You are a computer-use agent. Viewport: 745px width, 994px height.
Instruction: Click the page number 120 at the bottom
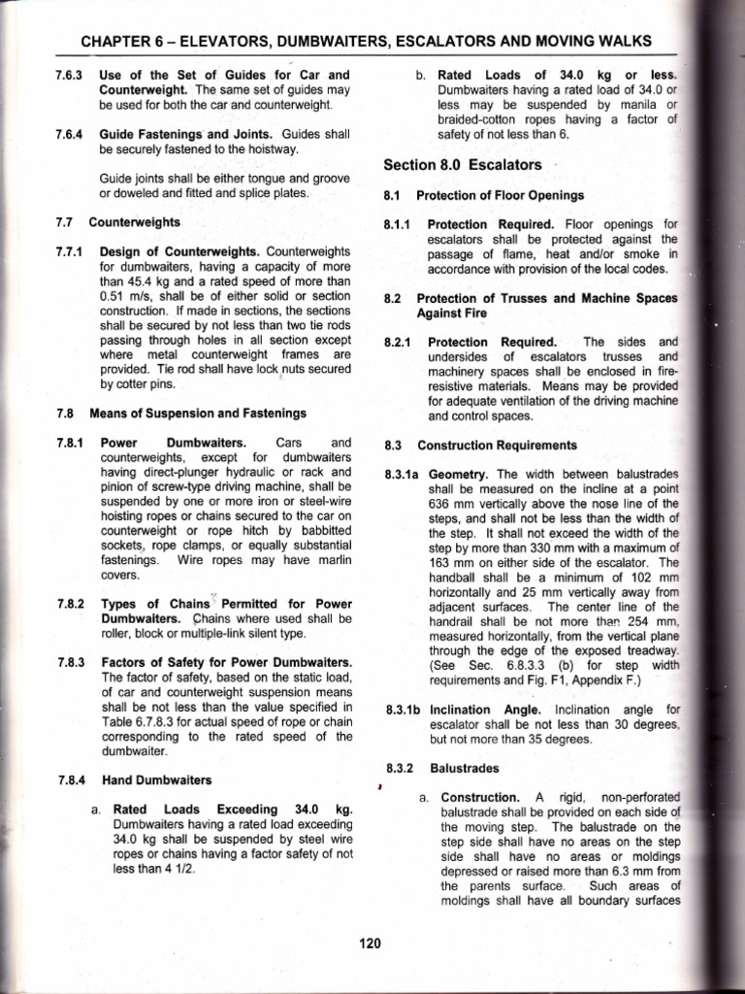tap(370, 943)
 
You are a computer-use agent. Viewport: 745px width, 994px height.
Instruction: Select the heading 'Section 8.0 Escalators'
tap(463, 164)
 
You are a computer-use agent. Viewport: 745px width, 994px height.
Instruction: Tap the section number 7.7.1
tap(72, 250)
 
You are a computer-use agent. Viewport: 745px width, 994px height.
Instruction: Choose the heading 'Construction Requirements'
tap(497, 446)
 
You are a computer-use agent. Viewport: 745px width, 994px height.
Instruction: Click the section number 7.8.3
tap(72, 662)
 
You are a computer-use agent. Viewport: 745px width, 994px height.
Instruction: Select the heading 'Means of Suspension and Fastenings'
tap(198, 413)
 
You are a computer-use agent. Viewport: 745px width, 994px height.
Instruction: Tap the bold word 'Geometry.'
tap(457, 474)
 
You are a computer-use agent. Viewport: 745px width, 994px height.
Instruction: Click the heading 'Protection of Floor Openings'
tap(500, 195)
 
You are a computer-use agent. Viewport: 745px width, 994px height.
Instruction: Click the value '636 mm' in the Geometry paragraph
tap(449, 503)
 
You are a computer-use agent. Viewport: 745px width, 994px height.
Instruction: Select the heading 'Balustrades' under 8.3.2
tap(464, 767)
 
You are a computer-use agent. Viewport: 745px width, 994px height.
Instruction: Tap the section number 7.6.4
tap(72, 133)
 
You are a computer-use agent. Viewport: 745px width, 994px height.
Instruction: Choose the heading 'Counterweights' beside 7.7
tap(134, 221)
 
